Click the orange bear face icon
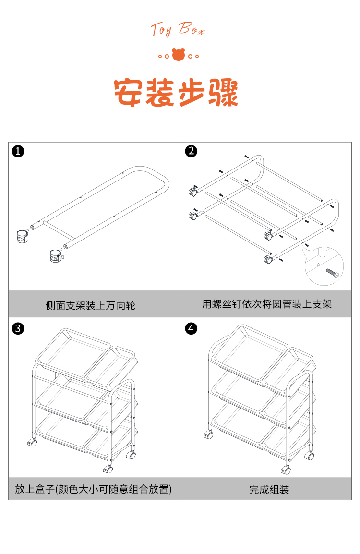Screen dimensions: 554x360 (179, 55)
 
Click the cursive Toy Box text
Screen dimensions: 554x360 (178, 30)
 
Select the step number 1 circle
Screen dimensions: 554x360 (18, 152)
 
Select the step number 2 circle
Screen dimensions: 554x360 (191, 151)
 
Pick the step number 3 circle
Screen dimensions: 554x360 (18, 328)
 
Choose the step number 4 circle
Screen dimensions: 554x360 (191, 328)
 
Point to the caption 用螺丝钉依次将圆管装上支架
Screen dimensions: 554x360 (267, 304)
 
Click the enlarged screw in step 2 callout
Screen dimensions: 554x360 (332, 273)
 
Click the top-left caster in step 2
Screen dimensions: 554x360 (193, 191)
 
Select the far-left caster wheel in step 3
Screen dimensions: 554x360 (32, 442)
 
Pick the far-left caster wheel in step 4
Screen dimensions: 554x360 (208, 435)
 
